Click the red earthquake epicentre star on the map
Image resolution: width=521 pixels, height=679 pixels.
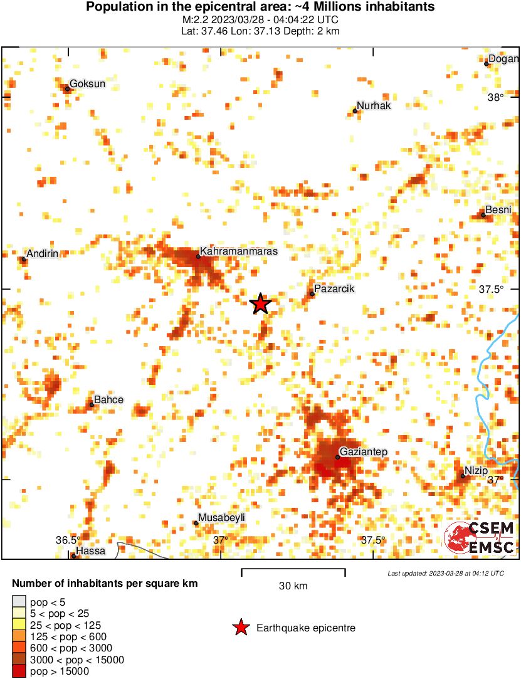[260, 303]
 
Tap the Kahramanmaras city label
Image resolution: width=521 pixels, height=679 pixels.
[238, 251]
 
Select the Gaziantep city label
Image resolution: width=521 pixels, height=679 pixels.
[364, 451]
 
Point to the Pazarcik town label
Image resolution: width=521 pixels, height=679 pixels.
[335, 288]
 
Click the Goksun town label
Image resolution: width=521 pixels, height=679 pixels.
[87, 83]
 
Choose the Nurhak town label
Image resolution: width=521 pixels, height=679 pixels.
[374, 105]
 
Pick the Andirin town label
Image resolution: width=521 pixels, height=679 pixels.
[43, 253]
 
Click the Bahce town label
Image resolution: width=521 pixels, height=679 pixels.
[108, 399]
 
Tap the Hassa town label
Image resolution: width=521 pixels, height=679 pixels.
[90, 551]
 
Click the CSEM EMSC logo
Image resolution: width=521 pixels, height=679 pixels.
[480, 538]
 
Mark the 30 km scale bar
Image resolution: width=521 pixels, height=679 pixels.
[293, 571]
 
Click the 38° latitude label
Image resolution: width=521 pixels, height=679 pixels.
[496, 97]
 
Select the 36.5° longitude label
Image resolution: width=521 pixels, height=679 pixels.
[68, 540]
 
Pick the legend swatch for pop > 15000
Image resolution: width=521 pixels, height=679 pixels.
[19, 671]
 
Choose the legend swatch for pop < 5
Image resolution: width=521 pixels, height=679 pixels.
[19, 603]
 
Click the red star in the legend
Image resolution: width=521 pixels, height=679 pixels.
[240, 627]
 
